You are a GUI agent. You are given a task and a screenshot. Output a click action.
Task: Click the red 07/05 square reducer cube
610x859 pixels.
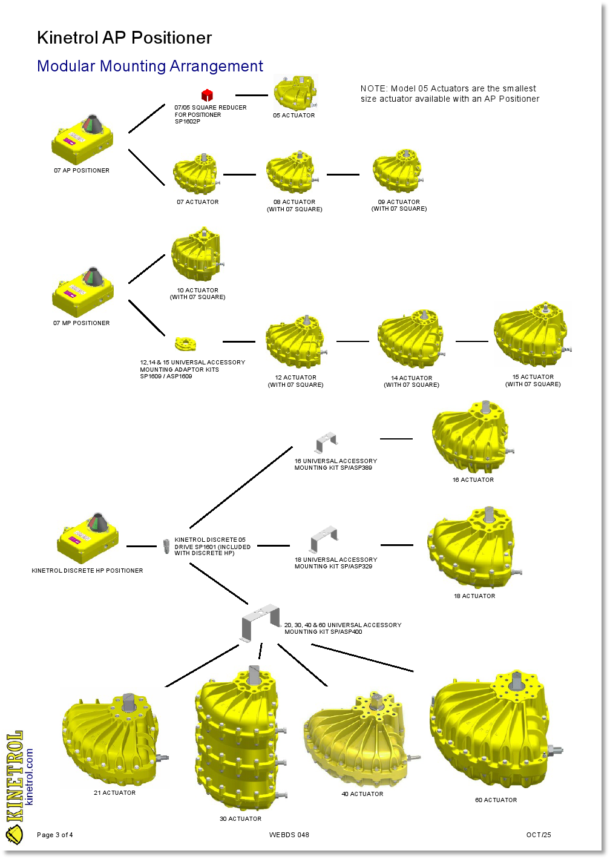[207, 95]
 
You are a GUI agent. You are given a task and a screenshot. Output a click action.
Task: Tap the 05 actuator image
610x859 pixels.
[295, 93]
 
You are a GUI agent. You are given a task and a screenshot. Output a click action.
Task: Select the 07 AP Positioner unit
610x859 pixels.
[82, 140]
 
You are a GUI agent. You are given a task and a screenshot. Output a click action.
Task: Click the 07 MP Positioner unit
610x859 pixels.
[83, 292]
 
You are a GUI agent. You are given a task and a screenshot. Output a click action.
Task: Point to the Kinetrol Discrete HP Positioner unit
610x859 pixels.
[88, 538]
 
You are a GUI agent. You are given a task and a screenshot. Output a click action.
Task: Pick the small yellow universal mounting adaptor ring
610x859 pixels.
[185, 344]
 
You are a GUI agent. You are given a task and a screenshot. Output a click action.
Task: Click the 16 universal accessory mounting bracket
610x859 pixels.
[326, 442]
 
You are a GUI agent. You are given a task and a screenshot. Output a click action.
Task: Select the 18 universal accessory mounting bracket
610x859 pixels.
[324, 539]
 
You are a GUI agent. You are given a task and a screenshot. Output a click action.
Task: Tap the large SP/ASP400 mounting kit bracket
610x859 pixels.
[261, 621]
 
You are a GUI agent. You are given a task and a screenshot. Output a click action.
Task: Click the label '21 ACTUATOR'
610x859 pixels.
[114, 792]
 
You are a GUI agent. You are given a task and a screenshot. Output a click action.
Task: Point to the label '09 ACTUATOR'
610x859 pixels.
[399, 202]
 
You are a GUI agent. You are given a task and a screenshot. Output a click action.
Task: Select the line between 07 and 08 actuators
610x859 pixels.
[240, 174]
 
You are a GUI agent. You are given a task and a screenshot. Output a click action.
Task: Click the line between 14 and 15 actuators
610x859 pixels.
[471, 341]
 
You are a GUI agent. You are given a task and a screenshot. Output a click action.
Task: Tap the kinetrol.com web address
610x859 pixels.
[30, 776]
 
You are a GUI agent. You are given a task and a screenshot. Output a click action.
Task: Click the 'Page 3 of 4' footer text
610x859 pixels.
[54, 835]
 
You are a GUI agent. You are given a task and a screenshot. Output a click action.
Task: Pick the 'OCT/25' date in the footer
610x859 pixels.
[539, 835]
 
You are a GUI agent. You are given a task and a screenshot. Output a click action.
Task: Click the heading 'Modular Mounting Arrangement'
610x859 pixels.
[150, 66]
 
